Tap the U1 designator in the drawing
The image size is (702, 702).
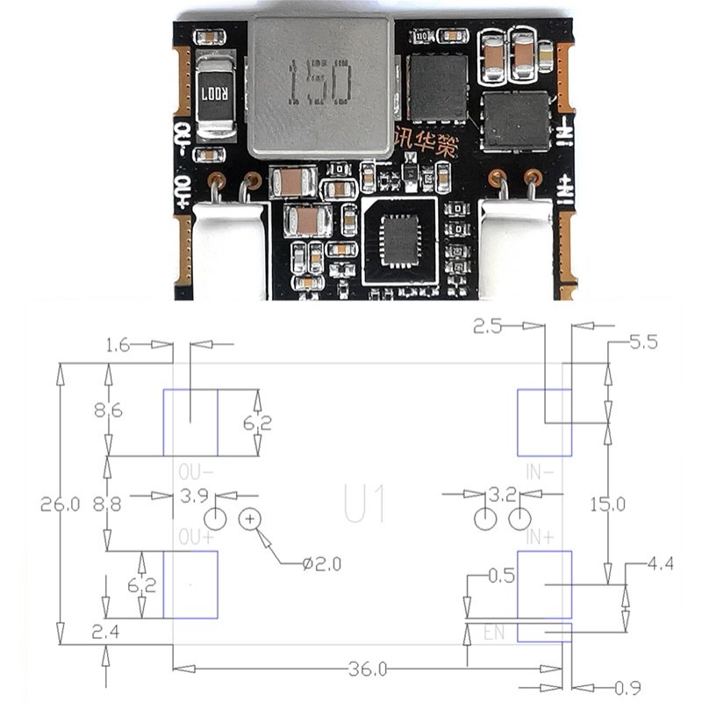tap(365, 505)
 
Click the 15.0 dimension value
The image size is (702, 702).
tap(606, 504)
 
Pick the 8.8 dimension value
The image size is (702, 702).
tap(108, 504)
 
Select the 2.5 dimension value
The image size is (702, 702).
tap(489, 328)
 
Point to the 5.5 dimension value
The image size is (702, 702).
tap(643, 343)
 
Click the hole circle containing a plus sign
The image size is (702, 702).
tap(251, 519)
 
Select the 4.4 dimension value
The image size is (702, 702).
tap(658, 564)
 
